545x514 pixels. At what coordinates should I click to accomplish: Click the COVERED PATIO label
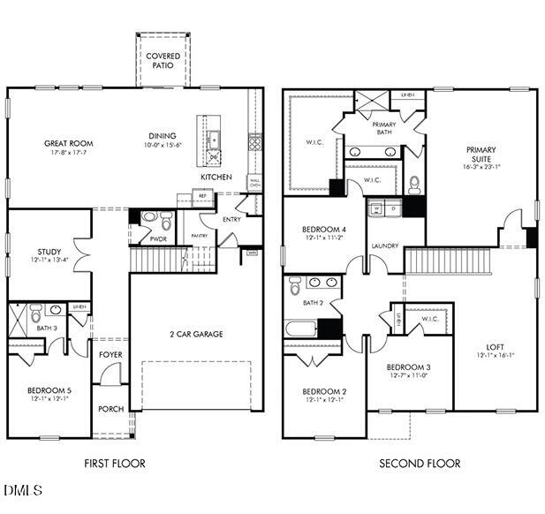click(x=163, y=61)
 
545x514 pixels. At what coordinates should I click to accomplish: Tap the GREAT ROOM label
click(x=69, y=143)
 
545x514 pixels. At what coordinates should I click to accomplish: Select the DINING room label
click(x=163, y=136)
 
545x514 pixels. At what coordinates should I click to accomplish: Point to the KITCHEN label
click(x=216, y=178)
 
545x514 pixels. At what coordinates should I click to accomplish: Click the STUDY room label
click(x=49, y=252)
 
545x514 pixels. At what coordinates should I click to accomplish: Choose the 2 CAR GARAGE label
click(x=196, y=334)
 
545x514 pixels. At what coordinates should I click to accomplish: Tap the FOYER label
click(x=110, y=355)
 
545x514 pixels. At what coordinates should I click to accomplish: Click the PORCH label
click(x=110, y=409)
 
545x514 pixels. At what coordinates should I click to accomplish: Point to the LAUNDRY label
click(x=384, y=246)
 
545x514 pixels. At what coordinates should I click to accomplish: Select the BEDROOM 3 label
click(x=409, y=367)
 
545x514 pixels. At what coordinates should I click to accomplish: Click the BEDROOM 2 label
click(x=324, y=392)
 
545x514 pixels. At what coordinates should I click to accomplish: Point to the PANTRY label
click(x=200, y=236)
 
